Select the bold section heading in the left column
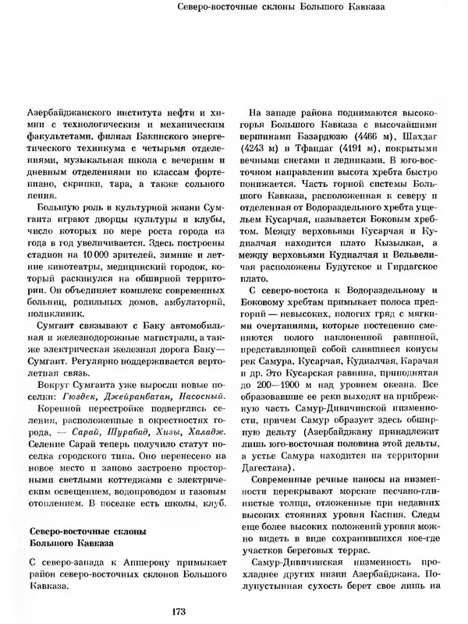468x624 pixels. pyautogui.click(x=82, y=538)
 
